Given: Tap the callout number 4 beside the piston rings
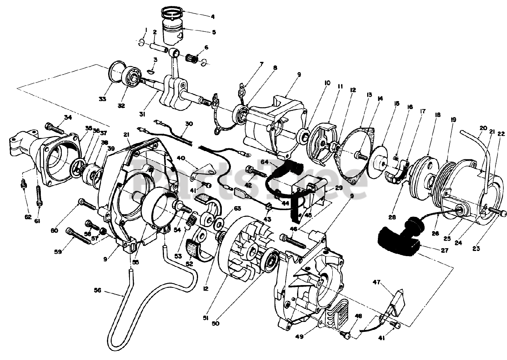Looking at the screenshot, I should pos(213,17).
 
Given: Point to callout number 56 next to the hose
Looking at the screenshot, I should pos(98,290).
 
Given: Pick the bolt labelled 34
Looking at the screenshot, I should pos(55,128).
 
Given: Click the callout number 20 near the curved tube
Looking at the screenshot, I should pos(483,128).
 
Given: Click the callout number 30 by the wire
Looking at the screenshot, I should pos(189,124).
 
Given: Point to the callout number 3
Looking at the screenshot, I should pos(155,59).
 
